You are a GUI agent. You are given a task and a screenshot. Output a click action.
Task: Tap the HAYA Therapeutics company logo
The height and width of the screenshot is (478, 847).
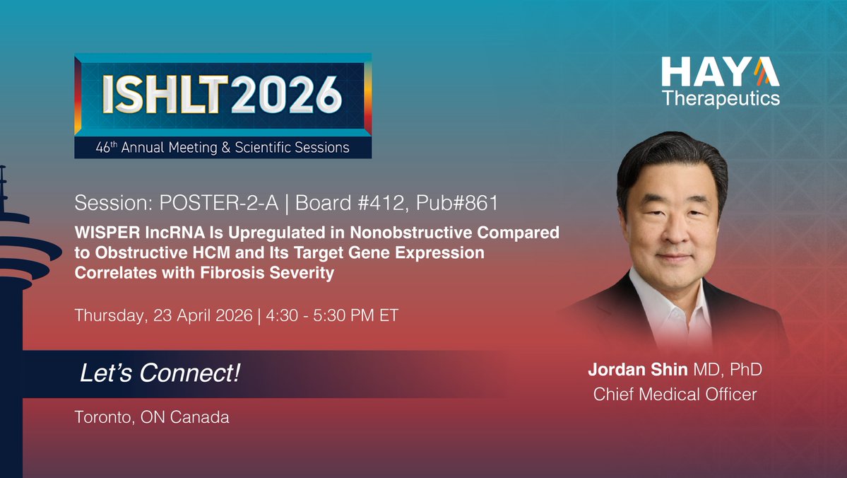coord(720,81)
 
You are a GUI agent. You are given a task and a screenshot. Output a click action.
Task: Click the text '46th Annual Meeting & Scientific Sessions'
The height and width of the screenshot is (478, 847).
coord(223,148)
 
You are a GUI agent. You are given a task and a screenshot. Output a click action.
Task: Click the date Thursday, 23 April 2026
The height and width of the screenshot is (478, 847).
coord(163,315)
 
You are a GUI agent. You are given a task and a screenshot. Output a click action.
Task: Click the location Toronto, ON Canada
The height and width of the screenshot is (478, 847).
coord(152,417)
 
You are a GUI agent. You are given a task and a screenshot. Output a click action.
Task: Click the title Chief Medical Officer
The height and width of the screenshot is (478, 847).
coord(675,394)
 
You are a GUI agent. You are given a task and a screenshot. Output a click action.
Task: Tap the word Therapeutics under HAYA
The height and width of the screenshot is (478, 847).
coord(720,98)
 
